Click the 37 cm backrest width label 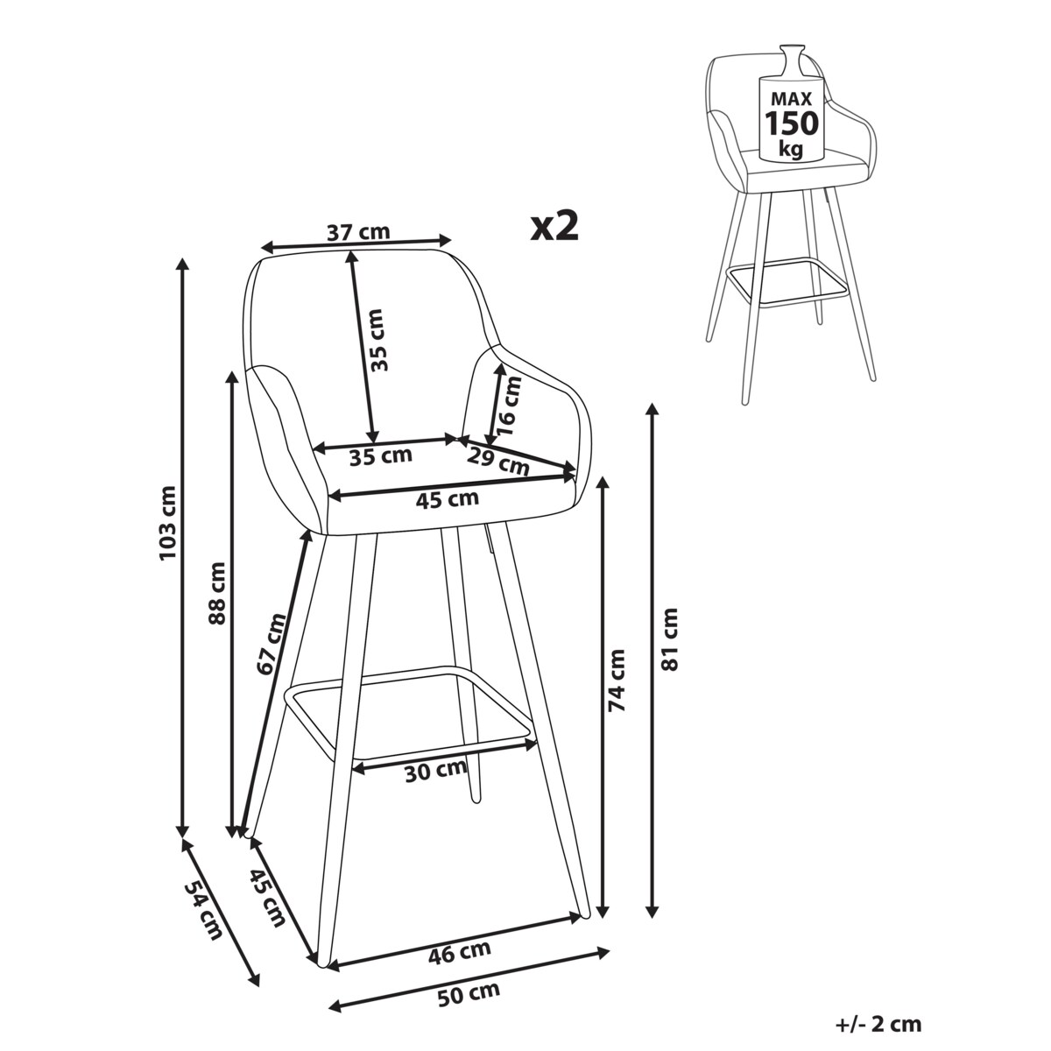pyautogui.click(x=358, y=233)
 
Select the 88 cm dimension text pyautogui.click(x=217, y=593)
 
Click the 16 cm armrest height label pyautogui.click(x=509, y=405)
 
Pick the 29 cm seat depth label pyautogui.click(x=498, y=462)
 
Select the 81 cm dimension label pyautogui.click(x=670, y=639)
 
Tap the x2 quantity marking pyautogui.click(x=554, y=226)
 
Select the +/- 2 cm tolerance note pyautogui.click(x=878, y=1023)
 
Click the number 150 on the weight pyautogui.click(x=792, y=123)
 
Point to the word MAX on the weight pyautogui.click(x=791, y=98)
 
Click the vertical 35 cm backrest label pyautogui.click(x=378, y=340)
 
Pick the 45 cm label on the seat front pyautogui.click(x=448, y=499)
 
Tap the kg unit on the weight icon pyautogui.click(x=791, y=148)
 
